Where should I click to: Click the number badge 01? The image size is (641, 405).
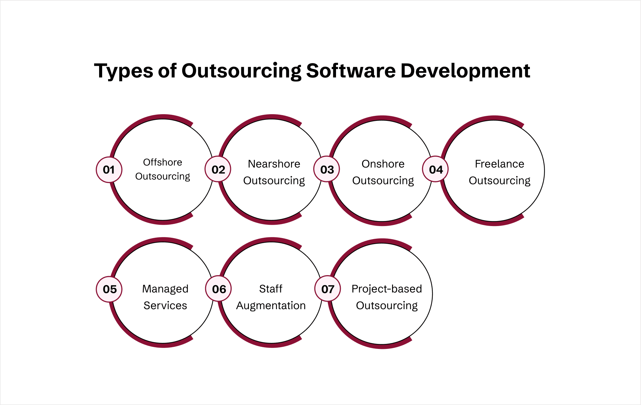[109, 170]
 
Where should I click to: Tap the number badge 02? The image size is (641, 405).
[218, 169]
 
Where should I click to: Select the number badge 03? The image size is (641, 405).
[327, 170]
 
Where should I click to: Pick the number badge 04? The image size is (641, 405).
[436, 170]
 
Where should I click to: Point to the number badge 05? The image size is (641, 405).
[109, 289]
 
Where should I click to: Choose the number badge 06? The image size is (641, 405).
[219, 289]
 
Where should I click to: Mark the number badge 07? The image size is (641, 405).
[328, 289]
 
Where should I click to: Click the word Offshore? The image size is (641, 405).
[163, 162]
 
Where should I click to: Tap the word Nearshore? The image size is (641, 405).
[274, 164]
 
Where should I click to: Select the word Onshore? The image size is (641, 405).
[383, 164]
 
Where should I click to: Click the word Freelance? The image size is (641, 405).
[499, 164]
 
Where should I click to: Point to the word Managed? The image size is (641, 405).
[165, 289]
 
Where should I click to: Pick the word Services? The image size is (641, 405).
[165, 306]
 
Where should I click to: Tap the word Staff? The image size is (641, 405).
[271, 289]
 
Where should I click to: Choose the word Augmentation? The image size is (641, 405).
[271, 306]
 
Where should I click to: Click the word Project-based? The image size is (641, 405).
[387, 289]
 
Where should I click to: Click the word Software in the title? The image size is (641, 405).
[350, 71]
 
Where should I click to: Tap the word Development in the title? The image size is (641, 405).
[465, 71]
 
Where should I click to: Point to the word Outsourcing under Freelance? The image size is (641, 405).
[499, 181]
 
